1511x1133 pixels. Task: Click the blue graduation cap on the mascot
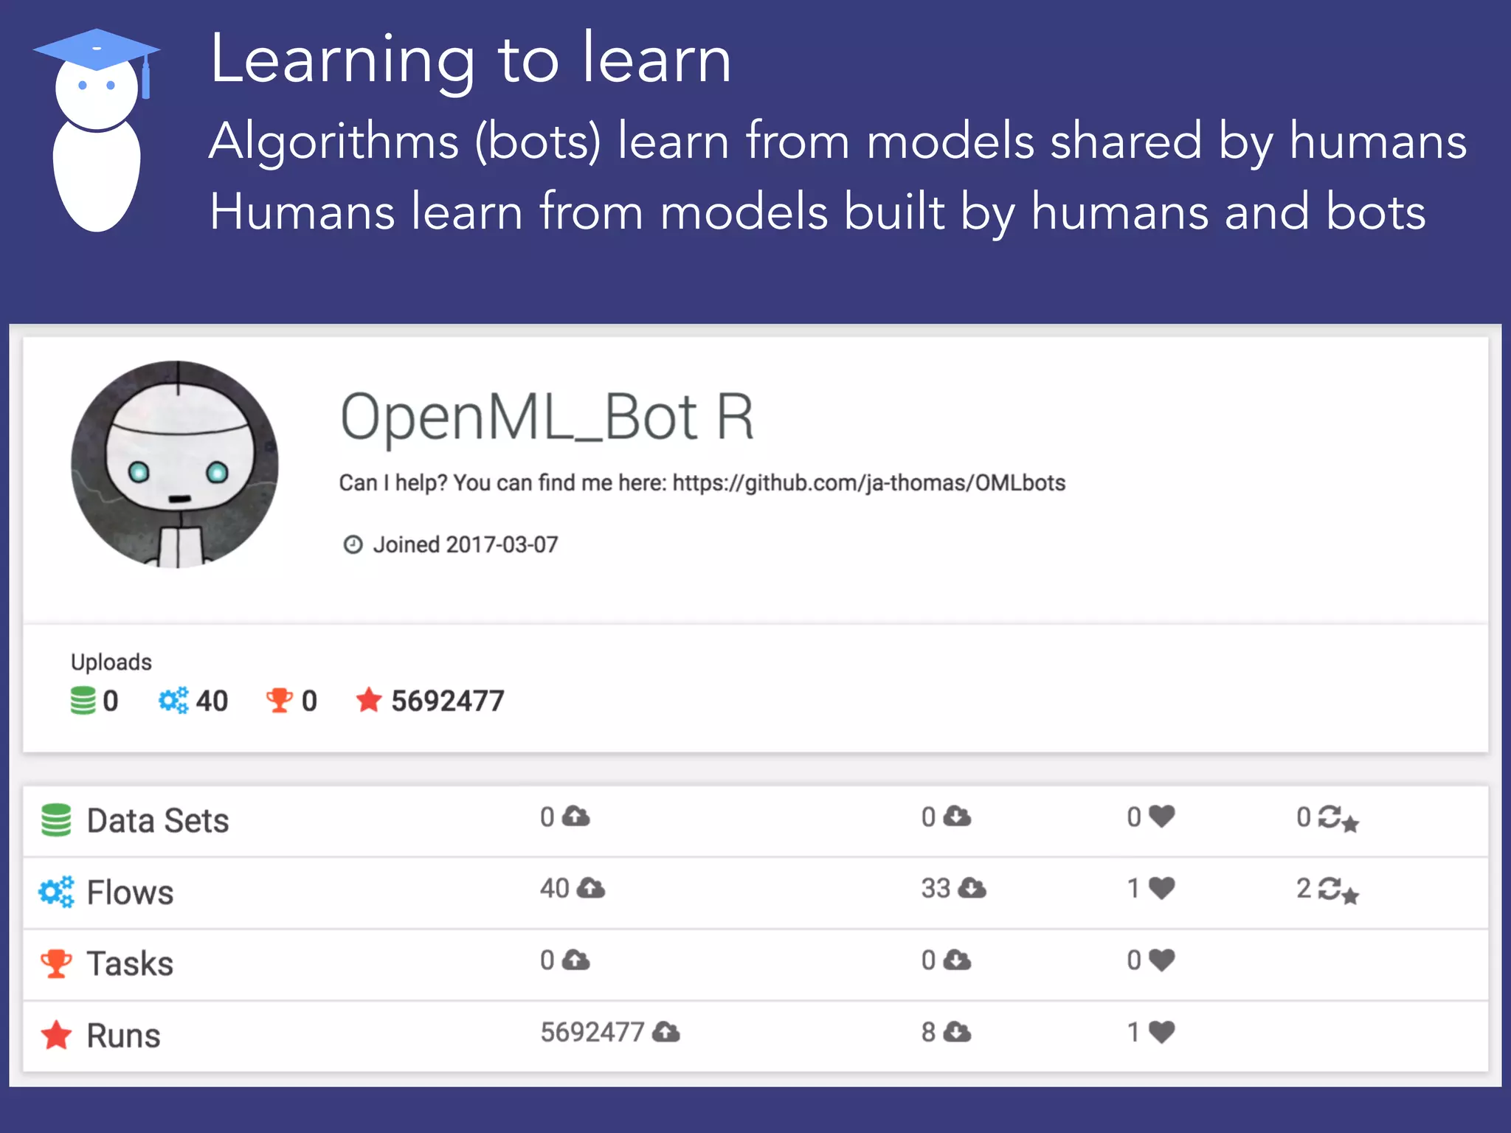point(96,50)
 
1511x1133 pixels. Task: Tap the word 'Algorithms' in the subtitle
point(333,141)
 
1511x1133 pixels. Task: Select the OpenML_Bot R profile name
point(547,417)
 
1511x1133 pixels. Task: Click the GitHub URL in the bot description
point(868,483)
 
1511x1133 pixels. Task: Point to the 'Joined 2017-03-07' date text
point(465,545)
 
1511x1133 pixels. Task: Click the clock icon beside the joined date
point(353,545)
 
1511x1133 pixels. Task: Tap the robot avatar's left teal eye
point(139,471)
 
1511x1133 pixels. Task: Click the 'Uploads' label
point(111,662)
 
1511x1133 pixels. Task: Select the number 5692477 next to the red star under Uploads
point(447,701)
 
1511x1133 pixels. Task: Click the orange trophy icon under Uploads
point(279,700)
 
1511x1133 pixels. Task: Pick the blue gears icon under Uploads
point(173,700)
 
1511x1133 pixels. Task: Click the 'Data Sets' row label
point(157,821)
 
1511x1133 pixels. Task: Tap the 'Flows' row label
point(130,893)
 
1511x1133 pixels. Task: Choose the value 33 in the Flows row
point(936,889)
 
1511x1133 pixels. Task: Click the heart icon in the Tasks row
point(1162,960)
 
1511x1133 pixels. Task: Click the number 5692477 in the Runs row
point(592,1032)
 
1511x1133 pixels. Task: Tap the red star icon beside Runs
point(56,1035)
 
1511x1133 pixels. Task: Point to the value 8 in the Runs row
point(928,1032)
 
